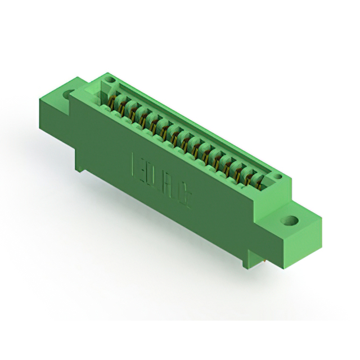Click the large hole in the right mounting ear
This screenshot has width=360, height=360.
291,220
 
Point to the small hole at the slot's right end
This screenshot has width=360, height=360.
277,178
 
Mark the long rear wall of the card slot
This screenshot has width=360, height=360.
191,121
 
